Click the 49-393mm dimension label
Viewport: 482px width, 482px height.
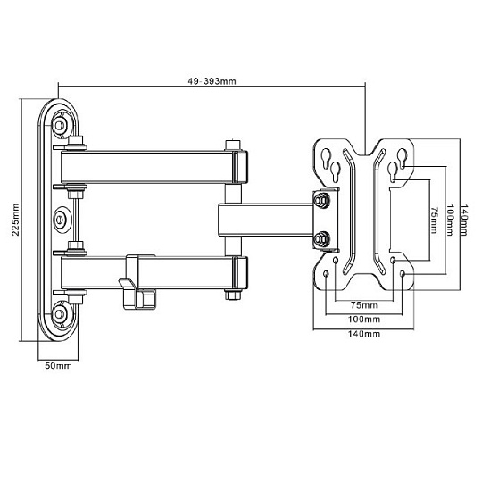(212, 81)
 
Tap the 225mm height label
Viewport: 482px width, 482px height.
(15, 220)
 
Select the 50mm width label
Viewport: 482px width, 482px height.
(58, 366)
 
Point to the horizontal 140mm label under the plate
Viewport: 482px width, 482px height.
(364, 334)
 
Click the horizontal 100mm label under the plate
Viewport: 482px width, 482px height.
(364, 319)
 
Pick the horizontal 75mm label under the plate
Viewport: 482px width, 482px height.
(364, 305)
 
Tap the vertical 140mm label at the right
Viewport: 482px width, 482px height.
(464, 220)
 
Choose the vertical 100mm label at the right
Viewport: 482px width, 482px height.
(450, 220)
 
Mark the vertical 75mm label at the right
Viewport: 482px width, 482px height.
(434, 220)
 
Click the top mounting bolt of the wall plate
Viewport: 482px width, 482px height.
(59, 125)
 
